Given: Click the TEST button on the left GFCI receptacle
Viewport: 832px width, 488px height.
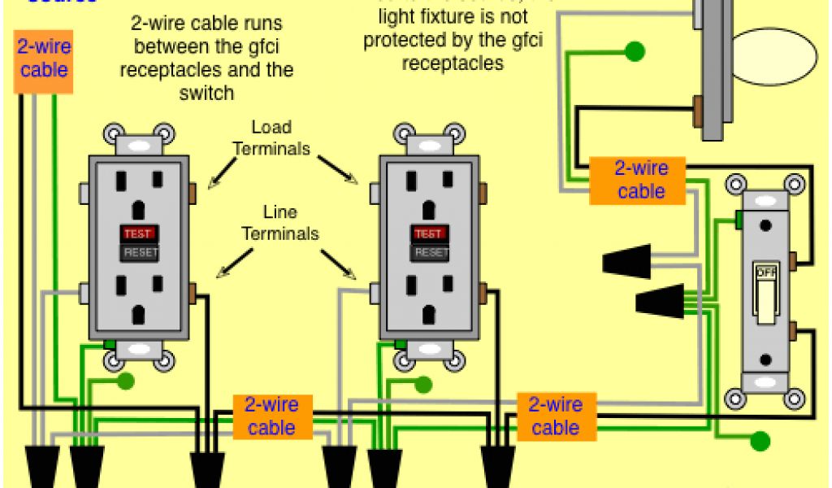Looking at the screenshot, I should pyautogui.click(x=137, y=233).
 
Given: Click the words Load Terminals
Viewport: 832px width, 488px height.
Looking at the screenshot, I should pyautogui.click(x=271, y=138).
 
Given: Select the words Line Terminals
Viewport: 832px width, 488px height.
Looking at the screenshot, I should pyautogui.click(x=279, y=223).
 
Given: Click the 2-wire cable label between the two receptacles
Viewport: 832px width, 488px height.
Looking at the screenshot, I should pyautogui.click(x=271, y=416).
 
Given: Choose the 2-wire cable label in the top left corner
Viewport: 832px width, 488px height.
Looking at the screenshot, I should pyautogui.click(x=44, y=58).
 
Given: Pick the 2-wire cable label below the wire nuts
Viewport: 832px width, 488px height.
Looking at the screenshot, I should pyautogui.click(x=555, y=416).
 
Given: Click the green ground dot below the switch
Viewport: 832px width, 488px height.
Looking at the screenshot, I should pyautogui.click(x=760, y=442).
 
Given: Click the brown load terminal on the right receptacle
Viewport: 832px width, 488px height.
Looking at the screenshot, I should pyautogui.click(x=483, y=193).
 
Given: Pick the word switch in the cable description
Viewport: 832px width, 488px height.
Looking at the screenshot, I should pyautogui.click(x=206, y=93).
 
